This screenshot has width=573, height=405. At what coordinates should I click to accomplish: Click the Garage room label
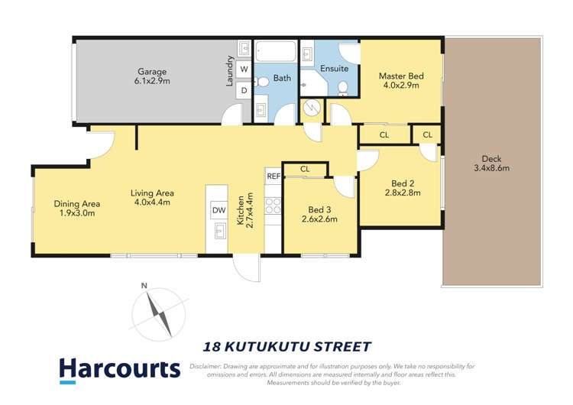[x=152, y=72]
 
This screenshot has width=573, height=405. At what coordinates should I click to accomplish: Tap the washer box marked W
[x=244, y=69]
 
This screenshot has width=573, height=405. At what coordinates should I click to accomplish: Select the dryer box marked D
[x=244, y=90]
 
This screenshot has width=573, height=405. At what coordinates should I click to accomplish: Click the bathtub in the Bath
[x=276, y=51]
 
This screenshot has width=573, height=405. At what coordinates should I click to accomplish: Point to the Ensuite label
[x=334, y=68]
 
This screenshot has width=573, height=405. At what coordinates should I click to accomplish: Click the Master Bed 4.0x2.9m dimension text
[x=401, y=85]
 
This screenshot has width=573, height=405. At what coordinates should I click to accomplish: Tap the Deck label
[x=491, y=159]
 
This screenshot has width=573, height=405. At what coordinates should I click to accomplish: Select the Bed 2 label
[x=403, y=183]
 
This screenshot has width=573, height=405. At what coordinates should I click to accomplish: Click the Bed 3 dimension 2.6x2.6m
[x=319, y=219]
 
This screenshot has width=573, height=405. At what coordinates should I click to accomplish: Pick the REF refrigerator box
[x=274, y=177]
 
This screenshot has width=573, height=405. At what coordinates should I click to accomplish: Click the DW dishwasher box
[x=219, y=210]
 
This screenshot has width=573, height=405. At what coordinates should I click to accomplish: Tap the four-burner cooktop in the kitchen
[x=273, y=206]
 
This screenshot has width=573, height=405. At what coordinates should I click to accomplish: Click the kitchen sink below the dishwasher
[x=220, y=232]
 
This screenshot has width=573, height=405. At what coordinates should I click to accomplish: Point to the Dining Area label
[x=76, y=203]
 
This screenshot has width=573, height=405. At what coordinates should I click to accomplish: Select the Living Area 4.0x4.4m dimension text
[x=152, y=202]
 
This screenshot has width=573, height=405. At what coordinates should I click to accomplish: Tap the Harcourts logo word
[x=120, y=368]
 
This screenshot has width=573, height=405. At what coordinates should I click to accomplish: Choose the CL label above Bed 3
[x=305, y=169]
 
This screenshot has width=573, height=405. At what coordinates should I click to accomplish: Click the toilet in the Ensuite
[x=343, y=88]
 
